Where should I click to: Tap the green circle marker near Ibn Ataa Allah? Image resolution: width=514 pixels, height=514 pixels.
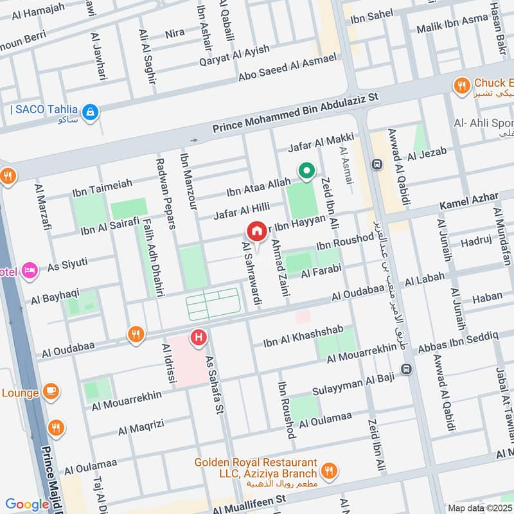coord(307,171)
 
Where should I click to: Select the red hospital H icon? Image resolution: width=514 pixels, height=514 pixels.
coord(199,336)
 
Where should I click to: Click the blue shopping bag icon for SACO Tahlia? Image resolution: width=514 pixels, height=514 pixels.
coord(91,112)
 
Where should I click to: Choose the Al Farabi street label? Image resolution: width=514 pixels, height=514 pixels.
coord(319,272)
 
